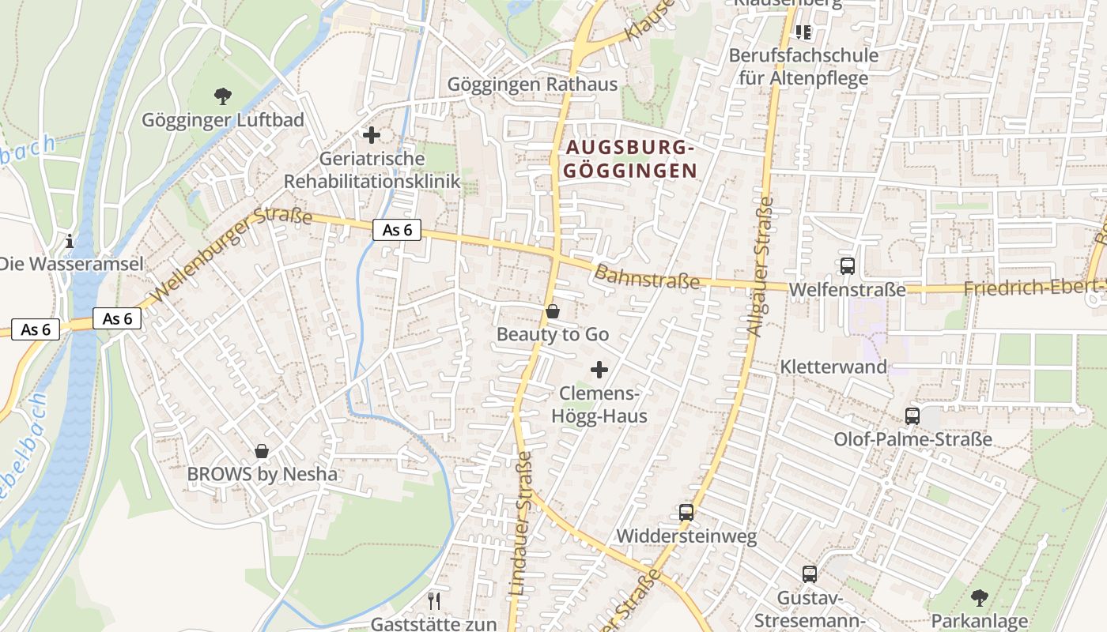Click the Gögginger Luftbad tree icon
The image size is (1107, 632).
[223, 96]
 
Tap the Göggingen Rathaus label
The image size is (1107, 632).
[532, 85]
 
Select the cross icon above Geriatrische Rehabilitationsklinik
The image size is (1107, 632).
[372, 135]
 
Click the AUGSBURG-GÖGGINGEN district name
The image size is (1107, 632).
[630, 159]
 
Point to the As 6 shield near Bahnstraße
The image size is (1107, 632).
[397, 230]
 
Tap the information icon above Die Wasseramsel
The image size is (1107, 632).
[70, 240]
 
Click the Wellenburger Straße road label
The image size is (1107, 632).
[231, 254]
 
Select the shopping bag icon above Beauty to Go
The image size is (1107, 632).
[553, 312]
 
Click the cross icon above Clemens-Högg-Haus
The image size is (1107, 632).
[599, 369]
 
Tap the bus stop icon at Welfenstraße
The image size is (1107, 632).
[848, 266]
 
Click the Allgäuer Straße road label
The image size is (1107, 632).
[760, 266]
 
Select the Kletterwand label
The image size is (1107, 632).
[833, 367]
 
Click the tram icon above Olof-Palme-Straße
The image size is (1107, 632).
[912, 416]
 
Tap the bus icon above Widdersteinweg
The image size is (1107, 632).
[686, 512]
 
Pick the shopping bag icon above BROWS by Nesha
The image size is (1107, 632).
[262, 451]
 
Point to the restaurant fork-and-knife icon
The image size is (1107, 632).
[433, 601]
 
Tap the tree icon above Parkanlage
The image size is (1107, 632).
[979, 597]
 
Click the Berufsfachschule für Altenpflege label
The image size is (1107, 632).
[803, 66]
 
